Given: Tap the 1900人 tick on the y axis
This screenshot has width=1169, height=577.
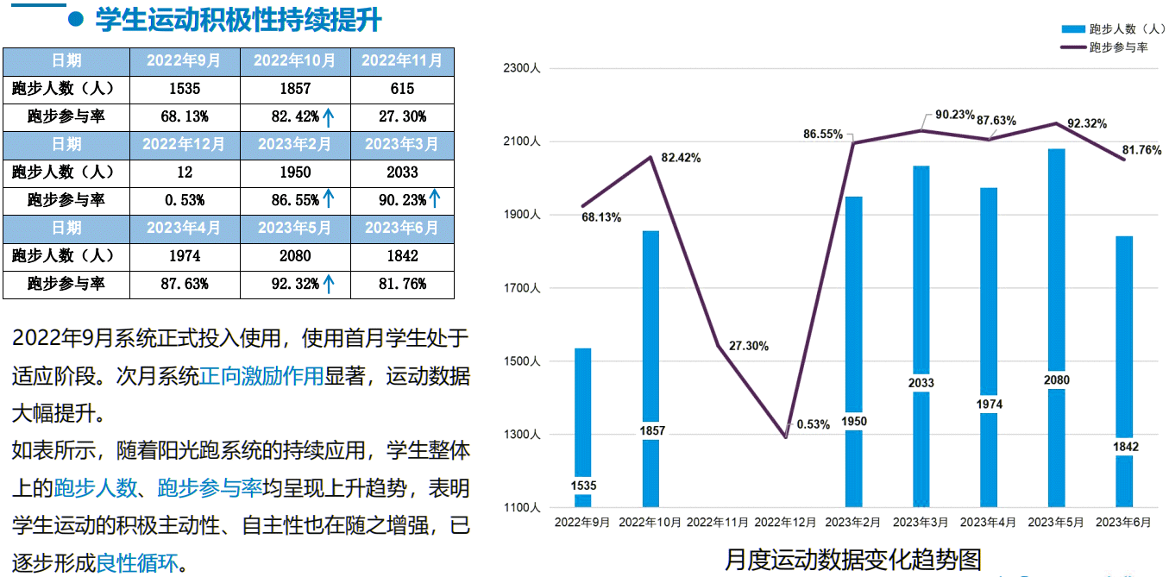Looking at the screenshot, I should tap(524, 215).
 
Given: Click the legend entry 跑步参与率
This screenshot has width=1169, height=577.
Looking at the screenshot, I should tap(1118, 47).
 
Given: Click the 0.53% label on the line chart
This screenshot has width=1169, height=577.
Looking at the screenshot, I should tap(813, 424).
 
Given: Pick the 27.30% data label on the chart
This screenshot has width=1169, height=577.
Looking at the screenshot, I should tap(748, 346).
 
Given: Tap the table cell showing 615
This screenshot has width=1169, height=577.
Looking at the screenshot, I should tap(402, 88).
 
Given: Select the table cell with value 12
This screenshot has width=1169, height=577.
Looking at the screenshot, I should tap(184, 172).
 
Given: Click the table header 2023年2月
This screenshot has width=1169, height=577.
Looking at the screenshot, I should tap(295, 144).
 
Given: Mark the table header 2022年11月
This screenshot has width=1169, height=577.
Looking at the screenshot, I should tap(402, 60).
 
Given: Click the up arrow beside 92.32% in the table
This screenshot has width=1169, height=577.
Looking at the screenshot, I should tap(328, 283).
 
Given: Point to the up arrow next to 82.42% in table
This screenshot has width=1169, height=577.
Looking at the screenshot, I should tap(328, 116).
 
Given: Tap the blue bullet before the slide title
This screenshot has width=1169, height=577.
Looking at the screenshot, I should tap(75, 21).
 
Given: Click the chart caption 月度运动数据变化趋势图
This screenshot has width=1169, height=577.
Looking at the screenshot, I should tap(852, 559).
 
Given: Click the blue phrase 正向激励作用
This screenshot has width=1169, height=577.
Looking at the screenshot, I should tap(261, 376).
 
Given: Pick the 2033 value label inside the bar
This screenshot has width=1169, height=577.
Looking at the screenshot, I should tap(921, 383).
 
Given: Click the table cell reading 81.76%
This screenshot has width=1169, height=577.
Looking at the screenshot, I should tap(402, 283).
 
